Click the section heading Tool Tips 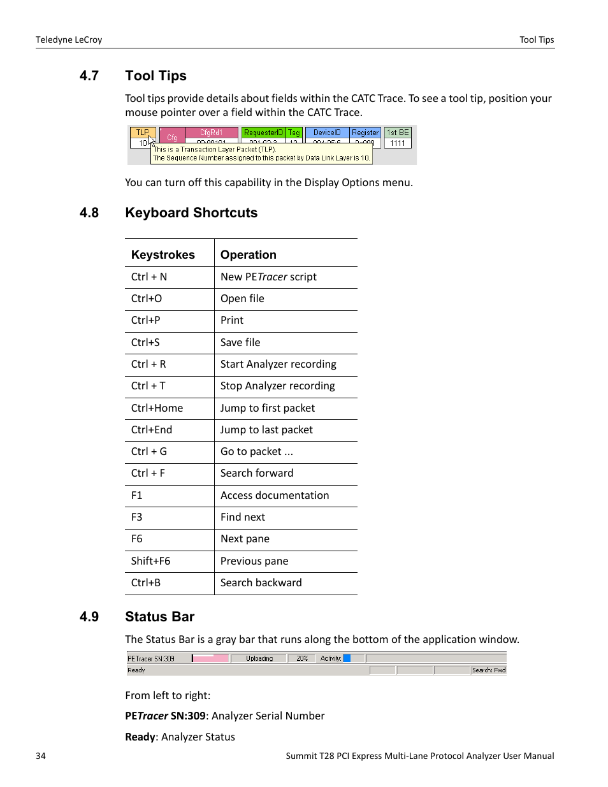[x=156, y=76]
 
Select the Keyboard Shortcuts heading [x=191, y=213]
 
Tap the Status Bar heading [x=159, y=617]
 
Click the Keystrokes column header [x=163, y=255]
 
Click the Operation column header [x=249, y=255]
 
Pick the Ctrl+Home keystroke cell [x=157, y=408]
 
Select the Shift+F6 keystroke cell [x=150, y=561]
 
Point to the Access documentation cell [x=275, y=496]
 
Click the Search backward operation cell [x=261, y=583]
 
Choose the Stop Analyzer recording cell [x=277, y=386]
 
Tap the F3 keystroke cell [x=137, y=517]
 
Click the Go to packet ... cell [x=257, y=452]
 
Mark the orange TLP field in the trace [x=142, y=133]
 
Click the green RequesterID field [x=263, y=133]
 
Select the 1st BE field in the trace [x=398, y=133]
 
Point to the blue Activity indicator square [x=347, y=658]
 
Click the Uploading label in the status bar [x=259, y=658]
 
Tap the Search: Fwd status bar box [x=489, y=670]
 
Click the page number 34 [x=41, y=756]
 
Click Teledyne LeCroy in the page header [x=69, y=40]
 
